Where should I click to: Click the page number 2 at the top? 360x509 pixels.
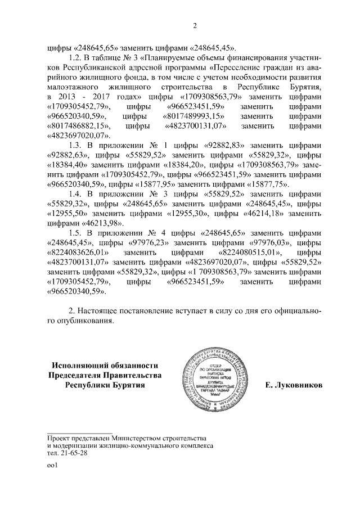[x=194, y=25]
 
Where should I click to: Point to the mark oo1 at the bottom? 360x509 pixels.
[x=53, y=467]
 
